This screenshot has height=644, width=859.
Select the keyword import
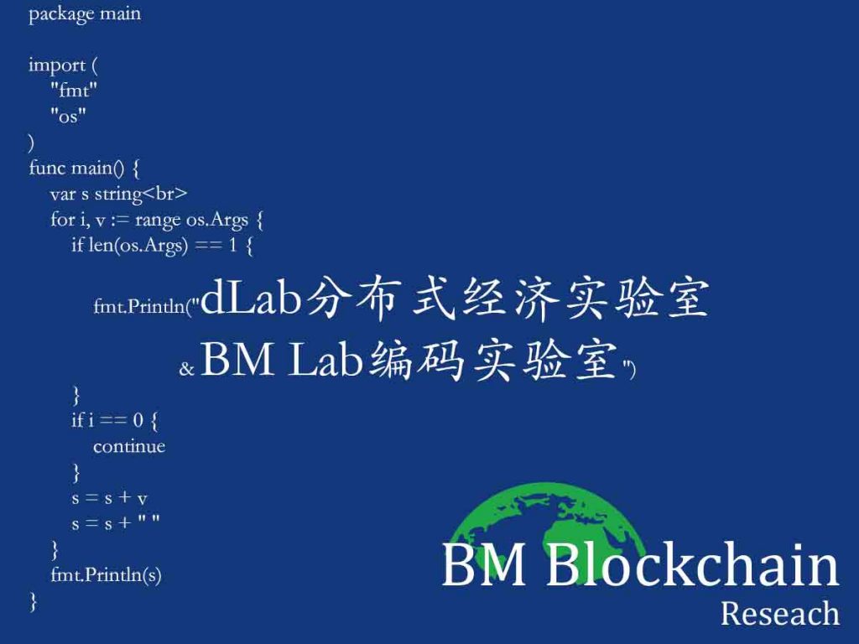pos(57,65)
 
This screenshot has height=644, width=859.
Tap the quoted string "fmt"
pos(74,89)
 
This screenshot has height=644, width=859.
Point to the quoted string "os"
pos(68,115)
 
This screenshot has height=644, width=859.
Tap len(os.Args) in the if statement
pos(138,245)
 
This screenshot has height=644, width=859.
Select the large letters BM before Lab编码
pos(237,359)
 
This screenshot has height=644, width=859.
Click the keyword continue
pos(129,446)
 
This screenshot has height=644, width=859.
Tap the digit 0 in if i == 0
pos(138,420)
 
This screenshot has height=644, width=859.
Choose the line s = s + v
pos(110,498)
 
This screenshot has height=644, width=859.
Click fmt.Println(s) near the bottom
pos(106,574)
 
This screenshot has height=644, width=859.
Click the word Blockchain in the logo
pos(692,564)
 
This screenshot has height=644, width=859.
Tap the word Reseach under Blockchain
pos(779,613)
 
